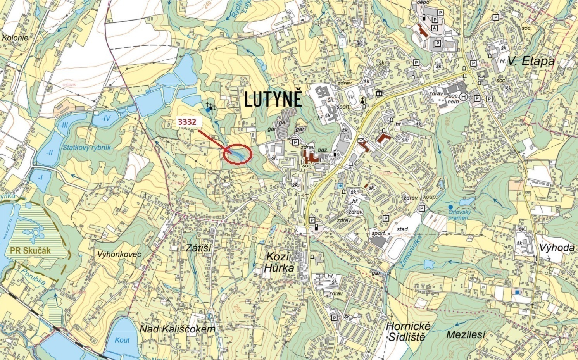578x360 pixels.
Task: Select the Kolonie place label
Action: (15, 38)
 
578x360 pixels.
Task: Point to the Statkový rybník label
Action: (87, 147)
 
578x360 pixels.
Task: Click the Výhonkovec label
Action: (119, 254)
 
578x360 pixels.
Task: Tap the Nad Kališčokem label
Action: (177, 329)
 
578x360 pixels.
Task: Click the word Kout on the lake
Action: (123, 340)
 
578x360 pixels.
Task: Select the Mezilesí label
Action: (466, 334)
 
